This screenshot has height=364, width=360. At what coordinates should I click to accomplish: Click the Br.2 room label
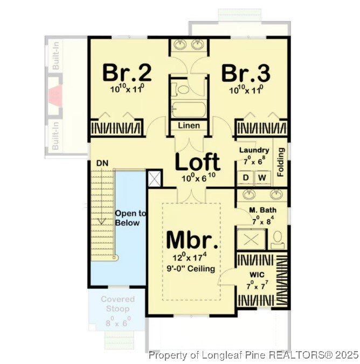pyautogui.click(x=127, y=72)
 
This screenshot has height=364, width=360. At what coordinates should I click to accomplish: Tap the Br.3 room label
pyautogui.click(x=246, y=72)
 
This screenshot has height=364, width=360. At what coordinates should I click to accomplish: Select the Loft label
pyautogui.click(x=198, y=162)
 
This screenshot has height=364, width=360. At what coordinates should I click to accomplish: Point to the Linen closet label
pyautogui.click(x=189, y=125)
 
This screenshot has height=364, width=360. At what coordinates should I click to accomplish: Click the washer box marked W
pyautogui.click(x=262, y=177)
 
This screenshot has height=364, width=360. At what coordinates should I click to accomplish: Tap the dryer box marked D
pyautogui.click(x=246, y=177)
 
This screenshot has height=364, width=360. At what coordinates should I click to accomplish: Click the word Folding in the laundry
pyautogui.click(x=280, y=162)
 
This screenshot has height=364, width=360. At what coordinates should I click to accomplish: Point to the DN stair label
pyautogui.click(x=102, y=162)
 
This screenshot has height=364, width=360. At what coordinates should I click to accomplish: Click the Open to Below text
pyautogui.click(x=127, y=219)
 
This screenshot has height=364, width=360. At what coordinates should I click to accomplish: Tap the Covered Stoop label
pyautogui.click(x=117, y=304)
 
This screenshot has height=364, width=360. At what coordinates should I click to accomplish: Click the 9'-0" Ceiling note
pyautogui.click(x=191, y=269)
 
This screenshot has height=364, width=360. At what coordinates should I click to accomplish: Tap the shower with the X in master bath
pyautogui.click(x=252, y=238)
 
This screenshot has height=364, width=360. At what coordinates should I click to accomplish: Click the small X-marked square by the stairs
pyautogui.click(x=154, y=178)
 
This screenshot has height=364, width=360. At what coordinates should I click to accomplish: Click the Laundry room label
pyautogui.click(x=254, y=150)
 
